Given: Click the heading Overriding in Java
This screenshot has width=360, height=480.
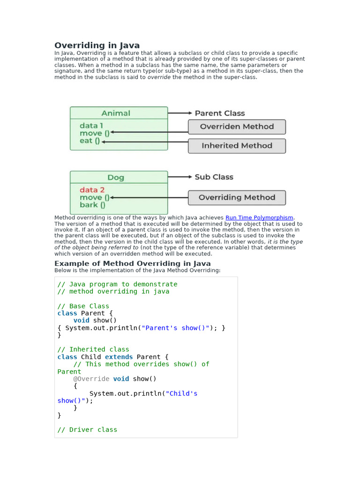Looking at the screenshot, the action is click(97, 45).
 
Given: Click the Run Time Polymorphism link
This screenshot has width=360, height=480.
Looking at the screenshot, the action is click(259, 217).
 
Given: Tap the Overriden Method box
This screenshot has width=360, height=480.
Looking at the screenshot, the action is click(237, 127).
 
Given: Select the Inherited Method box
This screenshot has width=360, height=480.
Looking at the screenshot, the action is click(237, 146).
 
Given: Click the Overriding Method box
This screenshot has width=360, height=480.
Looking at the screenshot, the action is click(237, 198).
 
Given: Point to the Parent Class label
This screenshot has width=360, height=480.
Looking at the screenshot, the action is click(219, 113).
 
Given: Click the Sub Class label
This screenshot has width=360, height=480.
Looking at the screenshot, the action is click(214, 177).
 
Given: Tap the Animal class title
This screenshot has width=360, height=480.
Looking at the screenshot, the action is click(116, 113).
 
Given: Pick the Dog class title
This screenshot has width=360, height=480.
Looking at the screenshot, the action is click(116, 178).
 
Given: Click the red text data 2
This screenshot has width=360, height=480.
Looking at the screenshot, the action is click(92, 190).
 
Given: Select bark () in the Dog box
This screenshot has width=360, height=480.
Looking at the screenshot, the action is click(92, 205).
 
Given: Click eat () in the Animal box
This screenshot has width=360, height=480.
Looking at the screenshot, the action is click(90, 141).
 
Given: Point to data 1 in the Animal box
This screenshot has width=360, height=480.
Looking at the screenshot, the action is click(91, 126).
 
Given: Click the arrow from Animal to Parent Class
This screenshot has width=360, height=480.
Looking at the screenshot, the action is click(180, 113).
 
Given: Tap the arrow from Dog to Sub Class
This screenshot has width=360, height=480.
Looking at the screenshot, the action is click(180, 177).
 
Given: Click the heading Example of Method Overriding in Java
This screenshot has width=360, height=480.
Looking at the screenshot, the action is click(133, 263).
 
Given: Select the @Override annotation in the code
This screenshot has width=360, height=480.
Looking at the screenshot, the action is click(91, 379).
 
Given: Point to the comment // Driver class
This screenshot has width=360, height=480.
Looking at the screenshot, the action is click(87, 430).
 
